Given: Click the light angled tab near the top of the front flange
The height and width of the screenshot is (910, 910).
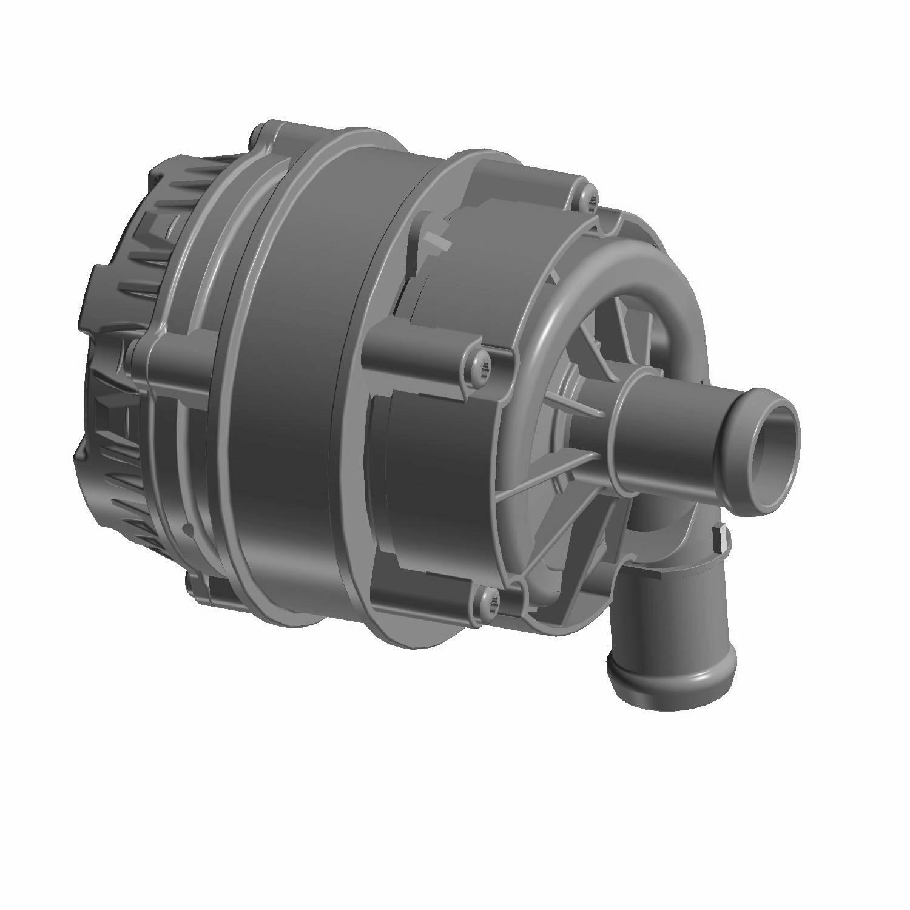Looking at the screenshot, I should [438, 238].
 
